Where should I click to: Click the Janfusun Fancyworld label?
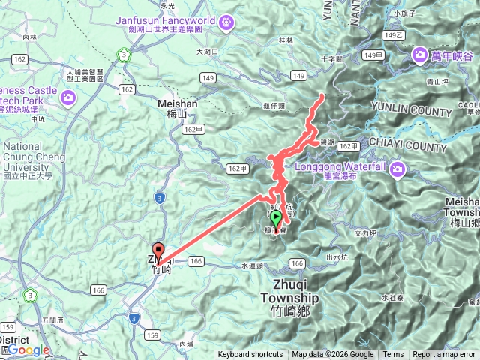pyautogui.click(x=166, y=20)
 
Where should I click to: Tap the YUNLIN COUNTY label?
pyautogui.click(x=412, y=112)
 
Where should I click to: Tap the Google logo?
pyautogui.click(x=28, y=349)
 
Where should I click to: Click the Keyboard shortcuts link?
pyautogui.click(x=250, y=355)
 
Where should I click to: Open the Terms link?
pyautogui.click(x=393, y=355)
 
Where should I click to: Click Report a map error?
pyautogui.click(x=445, y=355)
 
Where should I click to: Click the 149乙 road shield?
pyautogui.click(x=394, y=35)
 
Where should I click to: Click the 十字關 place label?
pyautogui.click(x=330, y=58)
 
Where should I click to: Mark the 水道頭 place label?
pyautogui.click(x=252, y=265)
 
